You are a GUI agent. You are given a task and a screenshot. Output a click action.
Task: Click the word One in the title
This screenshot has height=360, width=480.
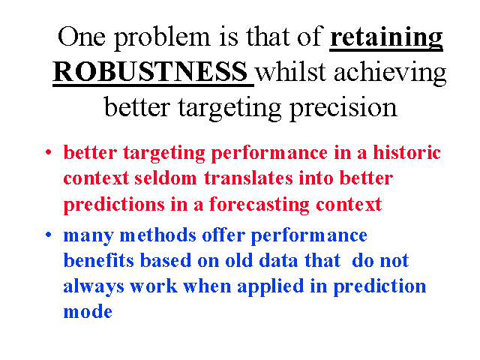[x=82, y=37]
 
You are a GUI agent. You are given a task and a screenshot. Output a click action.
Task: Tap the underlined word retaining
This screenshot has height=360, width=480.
[x=386, y=38]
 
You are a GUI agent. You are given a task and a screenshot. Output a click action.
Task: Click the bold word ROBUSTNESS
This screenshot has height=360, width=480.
[x=150, y=71]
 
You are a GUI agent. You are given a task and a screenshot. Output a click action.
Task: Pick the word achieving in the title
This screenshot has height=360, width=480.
[x=390, y=73]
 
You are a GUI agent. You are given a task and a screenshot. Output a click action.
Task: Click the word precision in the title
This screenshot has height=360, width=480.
[x=343, y=108]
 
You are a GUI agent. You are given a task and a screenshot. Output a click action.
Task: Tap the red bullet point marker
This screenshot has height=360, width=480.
[x=48, y=151]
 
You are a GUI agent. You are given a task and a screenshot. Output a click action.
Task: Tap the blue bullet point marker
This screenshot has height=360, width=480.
[x=48, y=235]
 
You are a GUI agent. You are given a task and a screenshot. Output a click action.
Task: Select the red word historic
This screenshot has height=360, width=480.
[x=406, y=152]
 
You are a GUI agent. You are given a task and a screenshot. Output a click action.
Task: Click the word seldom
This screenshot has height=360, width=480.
[x=165, y=178]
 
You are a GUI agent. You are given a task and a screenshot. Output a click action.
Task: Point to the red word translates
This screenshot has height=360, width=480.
[x=248, y=178]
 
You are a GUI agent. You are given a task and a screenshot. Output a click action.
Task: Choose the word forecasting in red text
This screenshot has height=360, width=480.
[x=259, y=205]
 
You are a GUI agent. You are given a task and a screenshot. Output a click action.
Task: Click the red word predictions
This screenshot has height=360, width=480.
[x=114, y=205]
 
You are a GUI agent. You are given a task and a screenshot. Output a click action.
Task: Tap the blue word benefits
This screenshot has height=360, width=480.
[x=98, y=260]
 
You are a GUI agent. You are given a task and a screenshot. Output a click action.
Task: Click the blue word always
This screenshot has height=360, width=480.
[x=94, y=287]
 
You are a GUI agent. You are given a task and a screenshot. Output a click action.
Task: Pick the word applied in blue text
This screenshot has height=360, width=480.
[x=270, y=287]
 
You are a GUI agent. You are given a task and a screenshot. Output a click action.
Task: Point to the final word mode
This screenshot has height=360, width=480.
[x=88, y=312]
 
